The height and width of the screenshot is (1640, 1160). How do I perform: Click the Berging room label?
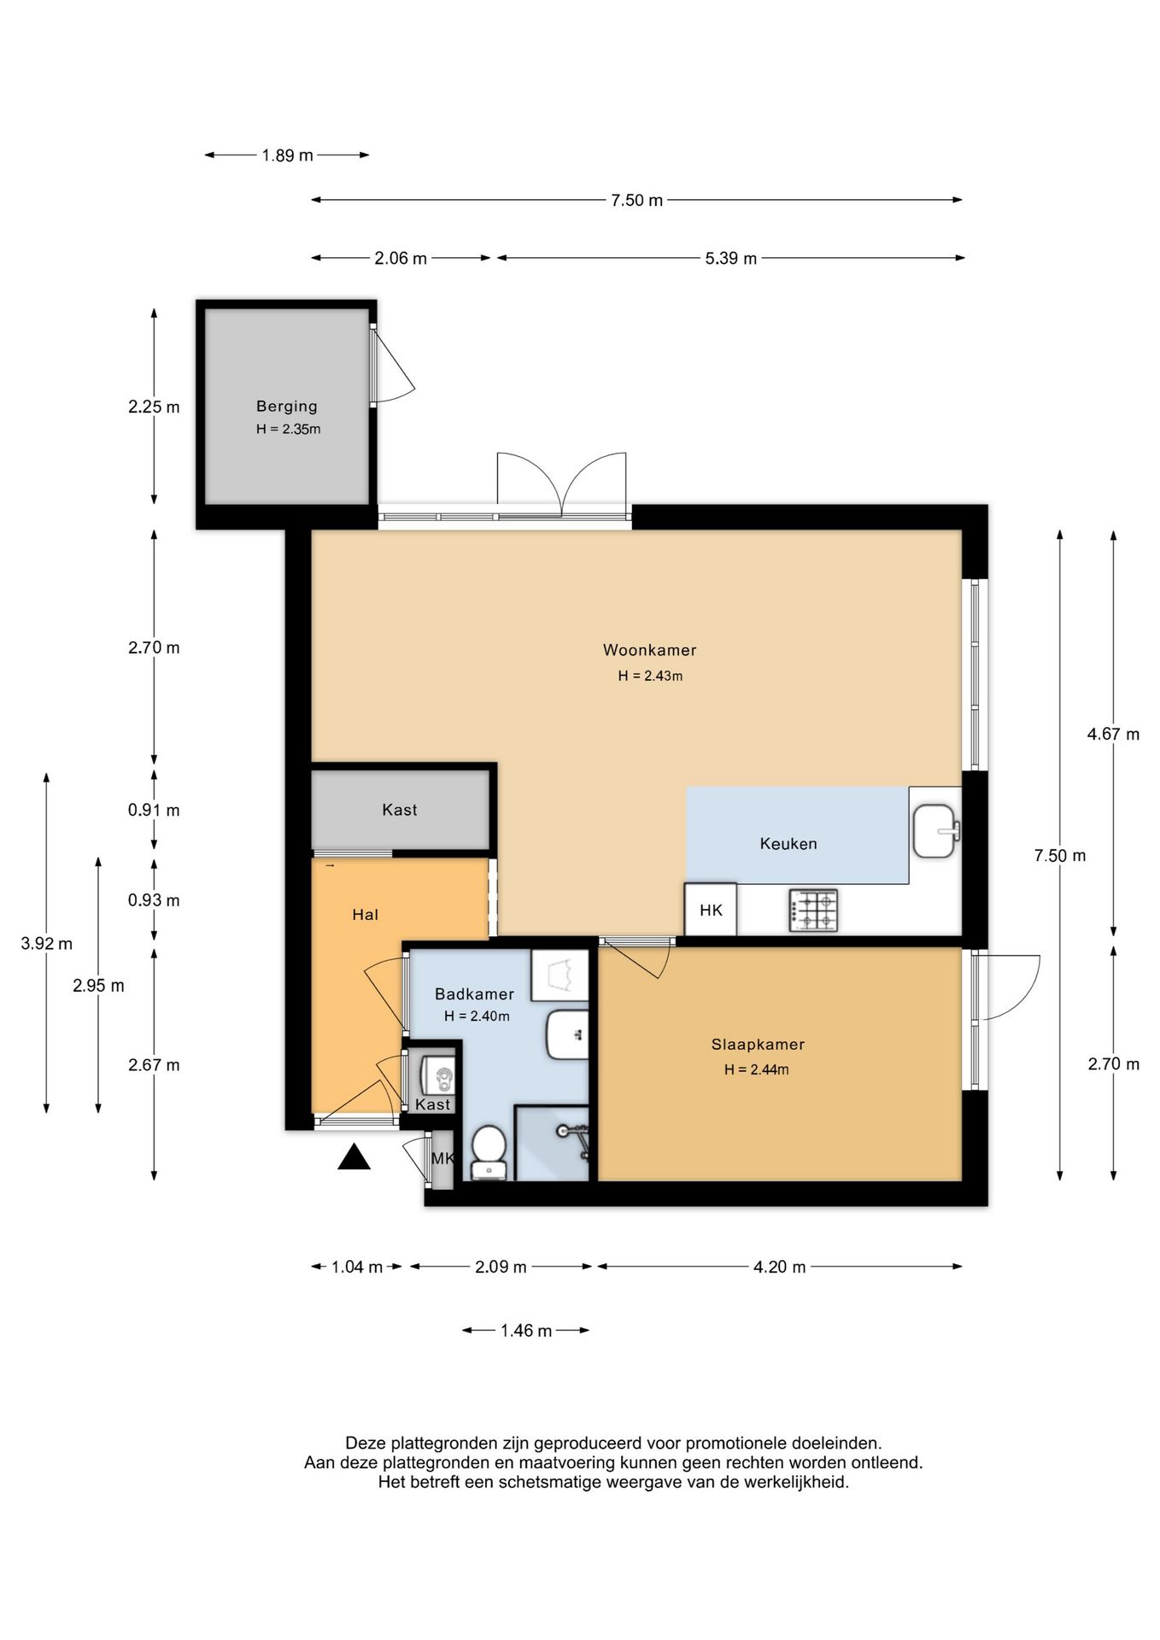click(x=287, y=407)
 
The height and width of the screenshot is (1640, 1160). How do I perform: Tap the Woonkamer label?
click(x=650, y=650)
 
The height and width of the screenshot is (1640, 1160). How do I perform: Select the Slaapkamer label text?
click(x=758, y=1045)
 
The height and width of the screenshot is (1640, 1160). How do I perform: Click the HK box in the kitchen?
click(x=711, y=910)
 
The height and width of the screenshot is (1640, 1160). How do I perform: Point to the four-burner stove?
click(x=814, y=911)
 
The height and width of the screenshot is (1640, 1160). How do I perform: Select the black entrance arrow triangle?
click(x=354, y=1158)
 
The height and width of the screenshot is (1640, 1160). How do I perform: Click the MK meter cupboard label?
click(x=442, y=1159)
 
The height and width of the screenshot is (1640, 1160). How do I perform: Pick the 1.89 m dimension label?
click(x=288, y=155)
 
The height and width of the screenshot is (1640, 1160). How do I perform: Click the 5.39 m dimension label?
click(x=731, y=258)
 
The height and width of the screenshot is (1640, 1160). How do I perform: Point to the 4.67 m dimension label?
click(x=1113, y=734)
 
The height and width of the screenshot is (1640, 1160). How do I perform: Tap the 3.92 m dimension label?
click(x=46, y=944)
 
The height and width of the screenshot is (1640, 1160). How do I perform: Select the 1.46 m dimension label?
click(x=526, y=1331)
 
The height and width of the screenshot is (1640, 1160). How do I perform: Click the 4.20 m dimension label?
click(x=780, y=1268)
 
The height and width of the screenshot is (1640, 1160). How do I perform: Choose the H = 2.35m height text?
click(x=288, y=430)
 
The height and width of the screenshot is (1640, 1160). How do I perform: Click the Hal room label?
click(x=365, y=915)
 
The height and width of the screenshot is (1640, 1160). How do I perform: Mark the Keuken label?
click(x=788, y=844)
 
